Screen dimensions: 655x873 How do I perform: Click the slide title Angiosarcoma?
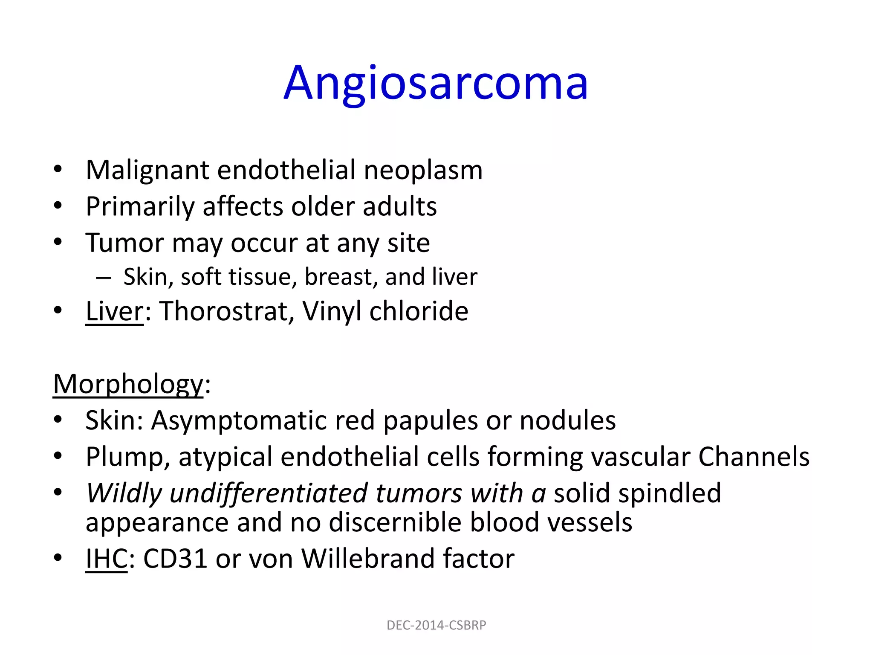click(436, 83)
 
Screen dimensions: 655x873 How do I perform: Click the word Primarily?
click(140, 207)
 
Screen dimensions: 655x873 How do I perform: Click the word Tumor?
click(124, 243)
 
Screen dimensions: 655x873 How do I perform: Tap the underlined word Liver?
click(115, 311)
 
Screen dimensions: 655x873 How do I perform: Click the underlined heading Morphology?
click(128, 384)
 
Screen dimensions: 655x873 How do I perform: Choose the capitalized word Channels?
click(753, 457)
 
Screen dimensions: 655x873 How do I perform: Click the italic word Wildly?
click(124, 493)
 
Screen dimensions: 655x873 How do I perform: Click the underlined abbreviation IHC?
click(107, 559)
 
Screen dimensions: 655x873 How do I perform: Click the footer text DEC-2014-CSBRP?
click(436, 625)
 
